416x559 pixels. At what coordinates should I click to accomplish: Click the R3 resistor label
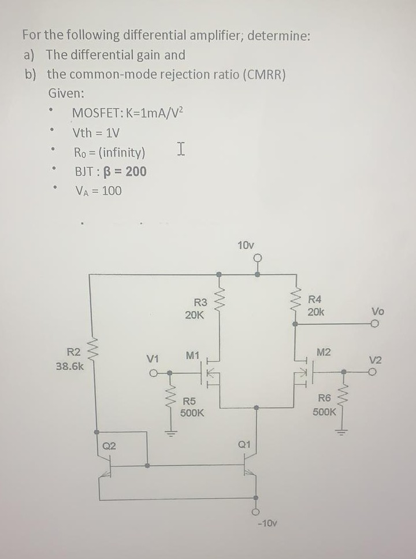[200, 302]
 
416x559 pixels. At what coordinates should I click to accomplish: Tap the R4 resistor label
[315, 299]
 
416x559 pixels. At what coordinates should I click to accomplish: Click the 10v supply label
[246, 245]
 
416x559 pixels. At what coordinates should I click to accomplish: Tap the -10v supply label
[266, 523]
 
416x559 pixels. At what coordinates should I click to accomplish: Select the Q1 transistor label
[243, 445]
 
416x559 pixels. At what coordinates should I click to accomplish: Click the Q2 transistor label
[109, 445]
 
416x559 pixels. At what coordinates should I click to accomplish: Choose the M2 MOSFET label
[324, 353]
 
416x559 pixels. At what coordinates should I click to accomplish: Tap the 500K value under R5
[192, 413]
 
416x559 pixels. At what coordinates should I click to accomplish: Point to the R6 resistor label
[324, 398]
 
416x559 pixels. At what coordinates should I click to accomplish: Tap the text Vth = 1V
[96, 133]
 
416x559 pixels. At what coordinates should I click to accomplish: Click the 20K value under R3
[194, 315]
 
